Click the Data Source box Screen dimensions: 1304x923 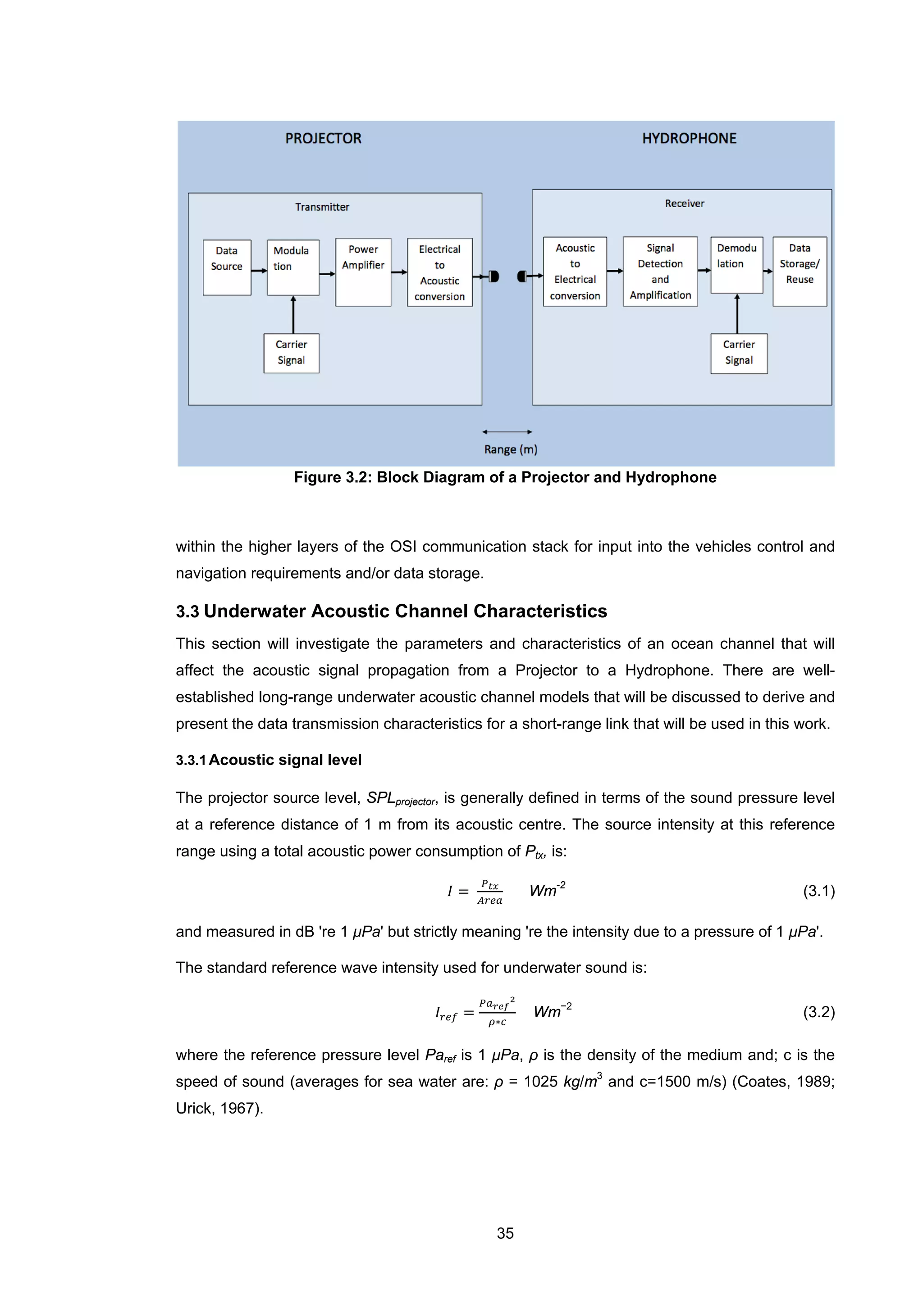pyautogui.click(x=227, y=267)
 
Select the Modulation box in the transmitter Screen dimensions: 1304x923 pyautogui.click(x=292, y=267)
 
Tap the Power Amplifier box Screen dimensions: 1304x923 pyautogui.click(x=363, y=272)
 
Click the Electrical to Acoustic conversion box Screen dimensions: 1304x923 pyautogui.click(x=439, y=272)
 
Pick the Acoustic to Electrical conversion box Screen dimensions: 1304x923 pyautogui.click(x=575, y=272)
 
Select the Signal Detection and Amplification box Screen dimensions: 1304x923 pyautogui.click(x=660, y=272)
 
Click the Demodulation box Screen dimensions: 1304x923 pyautogui.click(x=736, y=265)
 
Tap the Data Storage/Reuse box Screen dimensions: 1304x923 pyautogui.click(x=799, y=272)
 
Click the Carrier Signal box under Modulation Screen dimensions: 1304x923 pyautogui.click(x=291, y=353)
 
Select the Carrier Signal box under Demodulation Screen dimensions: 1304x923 pyautogui.click(x=738, y=353)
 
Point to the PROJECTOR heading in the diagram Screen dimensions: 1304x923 pyautogui.click(x=323, y=139)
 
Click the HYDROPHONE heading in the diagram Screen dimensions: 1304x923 pyautogui.click(x=689, y=139)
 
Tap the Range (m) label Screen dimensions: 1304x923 pyautogui.click(x=510, y=449)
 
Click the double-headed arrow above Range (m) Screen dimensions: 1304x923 pyautogui.click(x=507, y=432)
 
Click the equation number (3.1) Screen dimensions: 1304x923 pyautogui.click(x=818, y=891)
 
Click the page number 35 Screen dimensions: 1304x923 pyautogui.click(x=505, y=1233)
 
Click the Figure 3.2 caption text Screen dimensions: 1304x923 pyautogui.click(x=505, y=477)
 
